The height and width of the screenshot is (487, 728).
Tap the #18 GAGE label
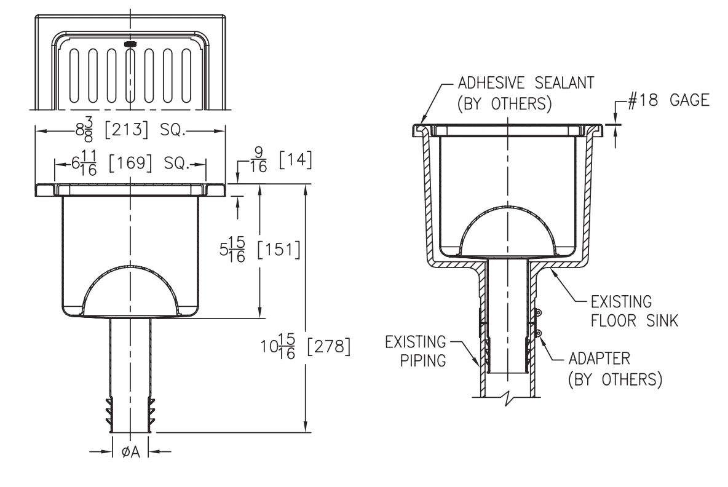[668, 100]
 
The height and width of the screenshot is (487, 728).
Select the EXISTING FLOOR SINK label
[634, 311]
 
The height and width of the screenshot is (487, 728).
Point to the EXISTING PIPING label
[416, 351]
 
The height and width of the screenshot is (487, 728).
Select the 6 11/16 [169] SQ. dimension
[130, 164]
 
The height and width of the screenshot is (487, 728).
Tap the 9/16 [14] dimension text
[281, 160]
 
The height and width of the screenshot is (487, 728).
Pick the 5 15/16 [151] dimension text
[260, 250]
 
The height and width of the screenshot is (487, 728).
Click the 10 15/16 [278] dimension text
[305, 346]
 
